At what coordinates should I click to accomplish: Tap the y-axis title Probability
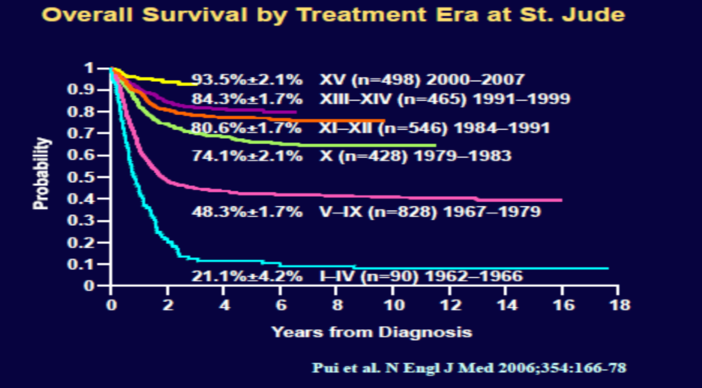click(x=41, y=175)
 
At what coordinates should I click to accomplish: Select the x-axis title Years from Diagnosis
click(x=371, y=333)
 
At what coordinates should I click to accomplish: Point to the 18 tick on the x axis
click(x=617, y=304)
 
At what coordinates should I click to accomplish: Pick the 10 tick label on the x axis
click(x=392, y=304)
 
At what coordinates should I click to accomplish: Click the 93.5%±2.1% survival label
click(x=248, y=80)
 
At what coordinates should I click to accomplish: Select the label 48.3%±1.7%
click(x=248, y=213)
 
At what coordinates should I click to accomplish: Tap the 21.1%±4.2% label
click(x=248, y=276)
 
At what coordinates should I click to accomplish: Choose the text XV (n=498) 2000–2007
click(x=422, y=80)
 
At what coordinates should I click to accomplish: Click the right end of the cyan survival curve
click(x=608, y=268)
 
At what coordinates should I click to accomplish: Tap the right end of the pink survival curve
click(x=562, y=200)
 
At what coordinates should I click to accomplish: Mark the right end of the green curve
click(x=435, y=146)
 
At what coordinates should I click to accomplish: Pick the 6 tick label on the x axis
click(x=279, y=304)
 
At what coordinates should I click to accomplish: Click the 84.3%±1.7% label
click(x=248, y=99)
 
